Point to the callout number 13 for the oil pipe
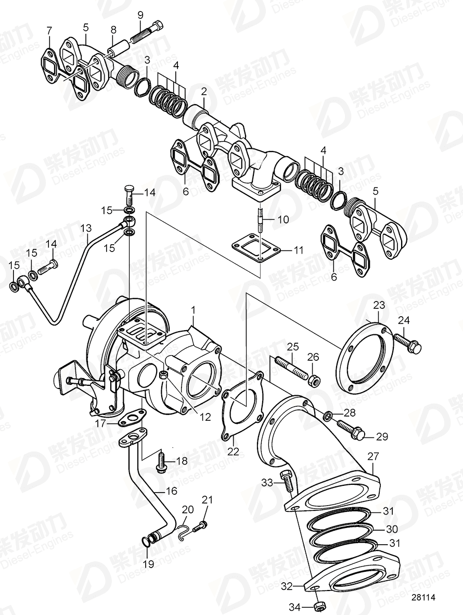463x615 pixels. [x=86, y=228]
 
